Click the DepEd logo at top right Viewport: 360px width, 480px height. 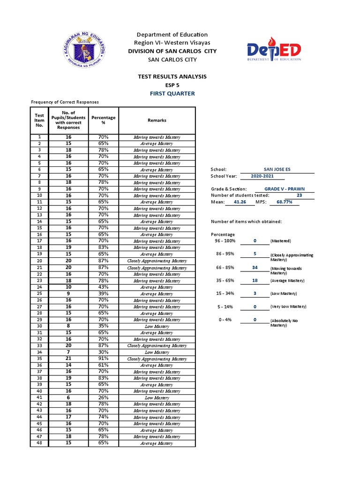pyautogui.click(x=274, y=51)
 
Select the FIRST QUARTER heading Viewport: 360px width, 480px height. pyautogui.click(x=173, y=93)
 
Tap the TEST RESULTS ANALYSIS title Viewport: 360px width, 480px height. pyautogui.click(x=172, y=76)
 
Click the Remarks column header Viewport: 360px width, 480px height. pyautogui.click(x=157, y=120)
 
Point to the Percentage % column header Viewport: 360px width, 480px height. pyautogui.click(x=104, y=120)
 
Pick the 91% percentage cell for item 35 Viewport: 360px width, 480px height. pyautogui.click(x=104, y=359)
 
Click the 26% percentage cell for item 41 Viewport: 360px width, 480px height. pyautogui.click(x=104, y=397)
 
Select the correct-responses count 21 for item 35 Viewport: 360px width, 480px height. pyautogui.click(x=68, y=359)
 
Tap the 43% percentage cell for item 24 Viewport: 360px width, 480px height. pyautogui.click(x=104, y=287)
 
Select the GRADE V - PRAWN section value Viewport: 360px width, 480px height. pyautogui.click(x=285, y=189)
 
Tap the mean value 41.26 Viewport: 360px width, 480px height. pyautogui.click(x=240, y=202)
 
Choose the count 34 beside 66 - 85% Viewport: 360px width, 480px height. pyautogui.click(x=255, y=267)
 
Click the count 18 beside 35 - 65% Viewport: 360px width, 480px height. pyautogui.click(x=255, y=280)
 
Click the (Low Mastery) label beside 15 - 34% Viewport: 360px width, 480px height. pyautogui.click(x=285, y=293)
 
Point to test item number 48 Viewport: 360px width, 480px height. pyautogui.click(x=40, y=443)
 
